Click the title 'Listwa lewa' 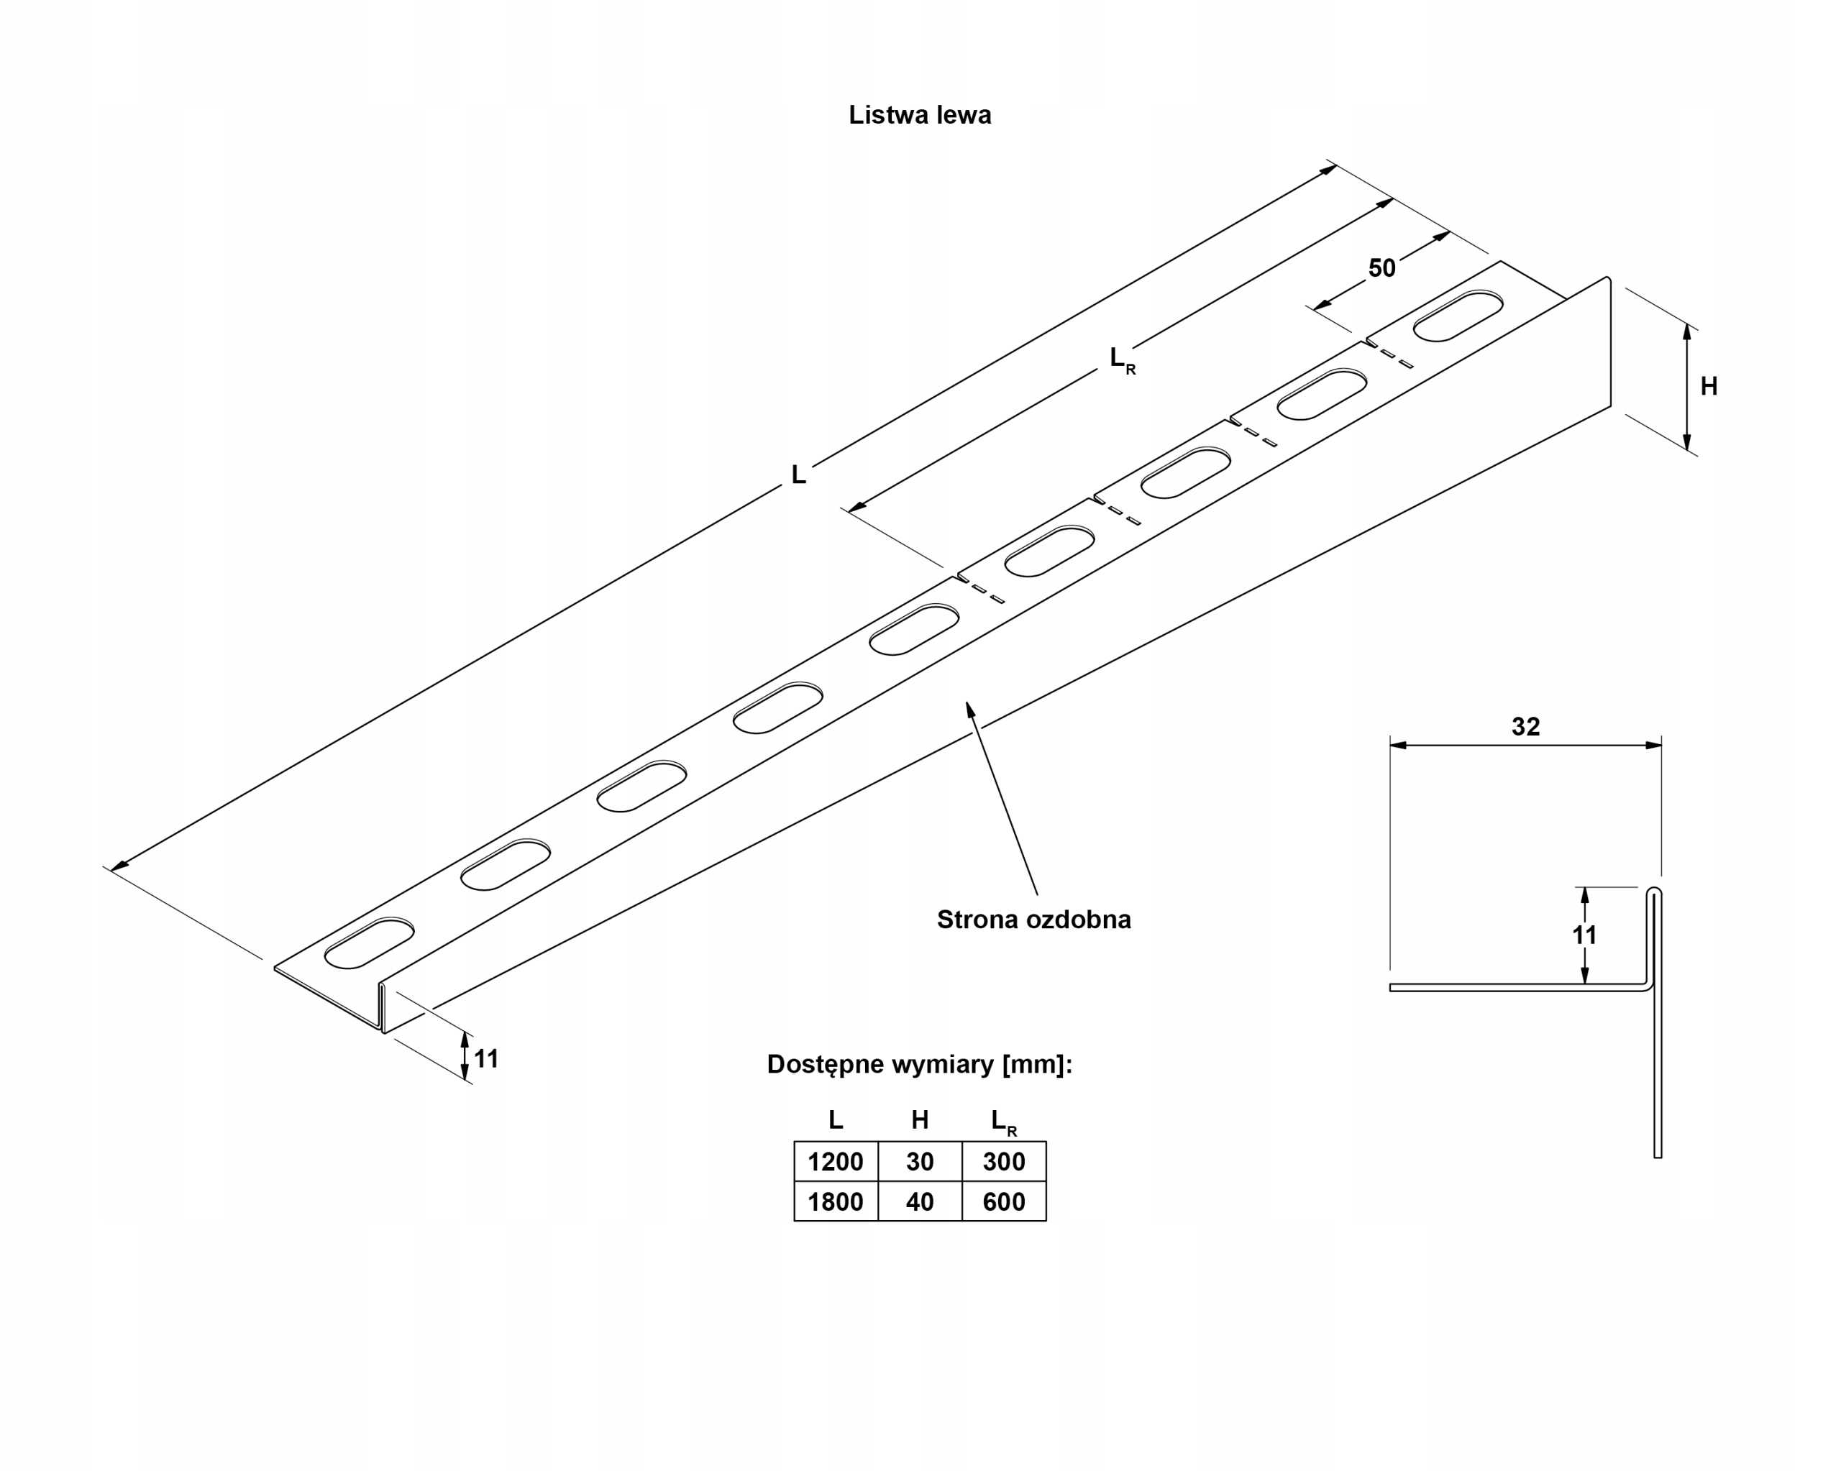tap(920, 115)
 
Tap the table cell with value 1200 tap(835, 1162)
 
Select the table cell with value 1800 tap(835, 1202)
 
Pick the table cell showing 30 tap(920, 1162)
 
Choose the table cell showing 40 tap(920, 1202)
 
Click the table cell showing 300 tap(1003, 1162)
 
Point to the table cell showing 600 tap(1003, 1202)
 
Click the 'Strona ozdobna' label tap(1033, 920)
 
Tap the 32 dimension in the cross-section tap(1525, 727)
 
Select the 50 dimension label tap(1381, 268)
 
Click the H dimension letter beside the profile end tap(1709, 387)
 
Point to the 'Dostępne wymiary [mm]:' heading tap(919, 1065)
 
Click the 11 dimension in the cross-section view tap(1584, 935)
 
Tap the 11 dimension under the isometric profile tap(486, 1060)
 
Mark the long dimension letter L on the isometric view tap(798, 475)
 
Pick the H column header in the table tap(920, 1120)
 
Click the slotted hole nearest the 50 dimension tap(1458, 316)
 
